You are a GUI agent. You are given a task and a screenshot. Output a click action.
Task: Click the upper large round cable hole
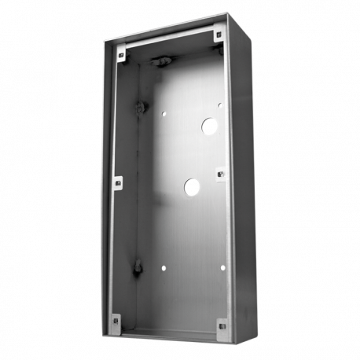point(210,124)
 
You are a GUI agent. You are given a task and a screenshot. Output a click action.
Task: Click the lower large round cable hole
point(192,186)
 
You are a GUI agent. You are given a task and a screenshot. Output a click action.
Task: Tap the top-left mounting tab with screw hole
point(121,55)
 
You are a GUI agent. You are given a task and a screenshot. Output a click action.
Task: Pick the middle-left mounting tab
point(118,183)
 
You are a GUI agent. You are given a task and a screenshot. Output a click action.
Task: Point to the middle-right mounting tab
point(220,171)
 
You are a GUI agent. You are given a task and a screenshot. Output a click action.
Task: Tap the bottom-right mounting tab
point(222,324)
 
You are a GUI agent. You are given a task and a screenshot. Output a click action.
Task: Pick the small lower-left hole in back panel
point(163,268)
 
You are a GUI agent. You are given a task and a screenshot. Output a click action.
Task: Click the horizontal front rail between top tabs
point(169,45)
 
